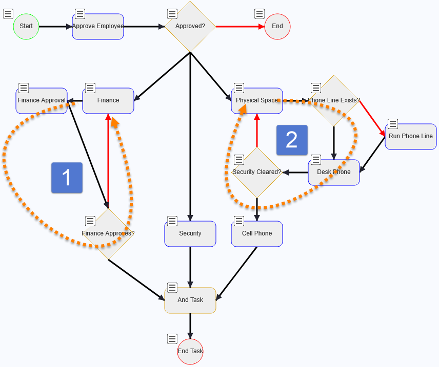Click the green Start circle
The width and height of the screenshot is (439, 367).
pos(26,26)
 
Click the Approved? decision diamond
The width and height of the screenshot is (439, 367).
pos(190,26)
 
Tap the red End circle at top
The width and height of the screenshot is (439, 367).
pos(277,26)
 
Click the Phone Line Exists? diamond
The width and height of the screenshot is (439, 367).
pos(334,101)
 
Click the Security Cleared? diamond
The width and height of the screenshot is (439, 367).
pos(256,172)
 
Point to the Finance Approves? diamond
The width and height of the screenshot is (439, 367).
pos(108,234)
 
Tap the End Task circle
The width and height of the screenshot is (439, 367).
pos(190,352)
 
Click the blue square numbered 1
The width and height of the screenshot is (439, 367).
pos(67,178)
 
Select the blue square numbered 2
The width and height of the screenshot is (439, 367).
pos(292,140)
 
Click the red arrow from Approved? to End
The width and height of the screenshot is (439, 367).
pos(240,26)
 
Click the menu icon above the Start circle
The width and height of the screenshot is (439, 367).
pos(8,14)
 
